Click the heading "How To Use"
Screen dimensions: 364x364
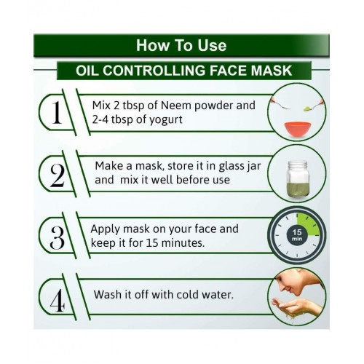[x=181, y=45]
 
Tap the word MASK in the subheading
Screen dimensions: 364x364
[x=272, y=71]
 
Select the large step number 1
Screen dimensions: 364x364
[x=57, y=112]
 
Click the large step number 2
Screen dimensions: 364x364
[x=58, y=175]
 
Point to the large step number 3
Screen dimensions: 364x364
[x=58, y=238]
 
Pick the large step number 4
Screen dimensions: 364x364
[x=58, y=301]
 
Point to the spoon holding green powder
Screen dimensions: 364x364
[x=313, y=106]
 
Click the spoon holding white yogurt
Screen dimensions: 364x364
[x=281, y=103]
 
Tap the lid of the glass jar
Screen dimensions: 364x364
[x=298, y=165]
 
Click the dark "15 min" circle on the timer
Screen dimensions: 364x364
[x=297, y=235]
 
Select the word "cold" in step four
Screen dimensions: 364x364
[x=188, y=295]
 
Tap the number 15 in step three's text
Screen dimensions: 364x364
[x=152, y=243]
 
